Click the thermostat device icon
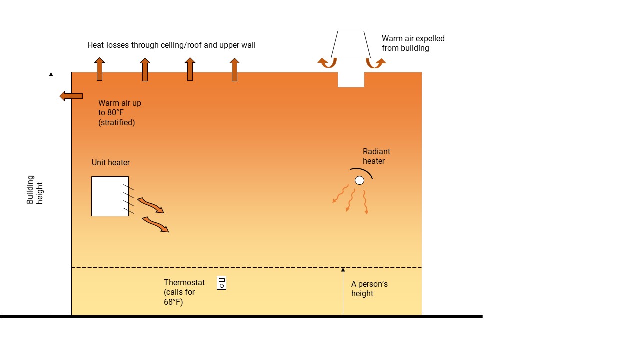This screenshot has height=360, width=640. pyautogui.click(x=221, y=283)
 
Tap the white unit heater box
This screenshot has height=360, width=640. pyautogui.click(x=110, y=196)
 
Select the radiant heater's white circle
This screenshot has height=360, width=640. pyautogui.click(x=359, y=180)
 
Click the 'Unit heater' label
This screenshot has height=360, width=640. pyautogui.click(x=111, y=163)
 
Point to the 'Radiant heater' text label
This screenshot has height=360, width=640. pyautogui.click(x=376, y=156)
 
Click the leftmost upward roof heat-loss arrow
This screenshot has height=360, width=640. pyautogui.click(x=100, y=69)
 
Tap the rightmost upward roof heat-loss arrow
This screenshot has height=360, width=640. pyautogui.click(x=234, y=69)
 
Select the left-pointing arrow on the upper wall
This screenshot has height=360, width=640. pyautogui.click(x=71, y=96)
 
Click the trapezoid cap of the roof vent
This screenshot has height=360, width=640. pyautogui.click(x=351, y=45)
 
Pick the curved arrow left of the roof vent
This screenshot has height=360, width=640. pyautogui.click(x=327, y=63)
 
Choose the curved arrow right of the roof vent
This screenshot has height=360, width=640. pyautogui.click(x=375, y=63)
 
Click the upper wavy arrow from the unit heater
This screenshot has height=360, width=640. pyautogui.click(x=150, y=205)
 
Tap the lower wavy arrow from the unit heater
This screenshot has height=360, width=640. pyautogui.click(x=155, y=224)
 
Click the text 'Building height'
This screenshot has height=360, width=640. pyautogui.click(x=35, y=190)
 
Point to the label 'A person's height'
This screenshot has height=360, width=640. pyautogui.click(x=369, y=289)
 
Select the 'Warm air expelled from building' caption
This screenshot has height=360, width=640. pyautogui.click(x=413, y=43)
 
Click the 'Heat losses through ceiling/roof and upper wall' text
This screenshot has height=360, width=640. pyautogui.click(x=171, y=45)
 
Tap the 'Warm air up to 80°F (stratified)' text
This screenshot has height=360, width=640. pyautogui.click(x=119, y=112)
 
